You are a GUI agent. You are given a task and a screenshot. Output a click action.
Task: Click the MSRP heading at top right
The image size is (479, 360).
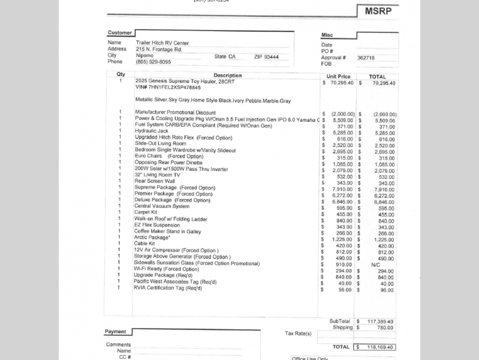(x=378, y=11)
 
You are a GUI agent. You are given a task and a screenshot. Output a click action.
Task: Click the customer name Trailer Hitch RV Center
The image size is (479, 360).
(x=162, y=43)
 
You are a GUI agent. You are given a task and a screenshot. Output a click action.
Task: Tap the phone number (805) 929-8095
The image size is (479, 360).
(x=153, y=62)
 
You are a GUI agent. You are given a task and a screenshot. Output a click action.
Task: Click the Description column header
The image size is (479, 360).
(x=228, y=76)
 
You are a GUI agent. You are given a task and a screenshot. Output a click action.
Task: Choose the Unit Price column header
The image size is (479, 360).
(x=339, y=77)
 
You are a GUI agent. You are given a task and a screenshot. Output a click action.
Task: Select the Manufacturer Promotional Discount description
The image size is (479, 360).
(x=175, y=112)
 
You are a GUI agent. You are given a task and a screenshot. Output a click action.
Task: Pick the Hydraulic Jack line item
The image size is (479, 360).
(x=152, y=131)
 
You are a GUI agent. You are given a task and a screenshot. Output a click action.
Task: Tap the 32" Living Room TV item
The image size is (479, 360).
(x=156, y=175)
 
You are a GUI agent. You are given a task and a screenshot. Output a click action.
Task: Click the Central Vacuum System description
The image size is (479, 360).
(x=161, y=206)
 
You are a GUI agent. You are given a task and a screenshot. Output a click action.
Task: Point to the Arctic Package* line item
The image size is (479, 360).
(x=152, y=238)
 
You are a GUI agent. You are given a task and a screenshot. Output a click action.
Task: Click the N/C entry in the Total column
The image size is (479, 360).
(x=376, y=264)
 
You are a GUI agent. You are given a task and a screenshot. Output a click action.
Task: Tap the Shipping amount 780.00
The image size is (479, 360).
(x=384, y=328)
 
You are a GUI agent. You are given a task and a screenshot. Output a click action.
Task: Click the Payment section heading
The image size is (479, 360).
(x=115, y=332)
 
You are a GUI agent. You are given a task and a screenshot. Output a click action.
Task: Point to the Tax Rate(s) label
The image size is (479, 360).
(x=298, y=334)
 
